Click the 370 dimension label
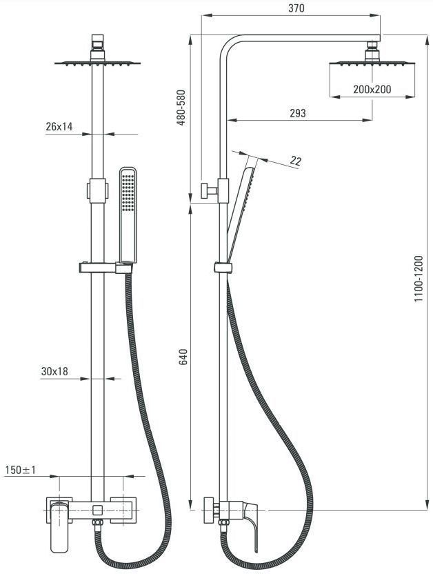coord(296,8)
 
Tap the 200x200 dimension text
coord(372,89)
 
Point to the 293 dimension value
coord(298,113)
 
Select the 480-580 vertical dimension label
coord(181,108)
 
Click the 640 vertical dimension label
coord(183,357)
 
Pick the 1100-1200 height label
coord(419,279)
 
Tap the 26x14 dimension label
coord(59,127)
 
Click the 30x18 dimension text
coord(54,372)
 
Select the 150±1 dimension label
coord(21,470)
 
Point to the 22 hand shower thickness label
coord(296,161)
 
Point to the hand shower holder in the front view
coord(105,268)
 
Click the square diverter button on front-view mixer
coord(97,509)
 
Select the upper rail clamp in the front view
coord(97,190)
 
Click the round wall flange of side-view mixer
coord(208,510)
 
